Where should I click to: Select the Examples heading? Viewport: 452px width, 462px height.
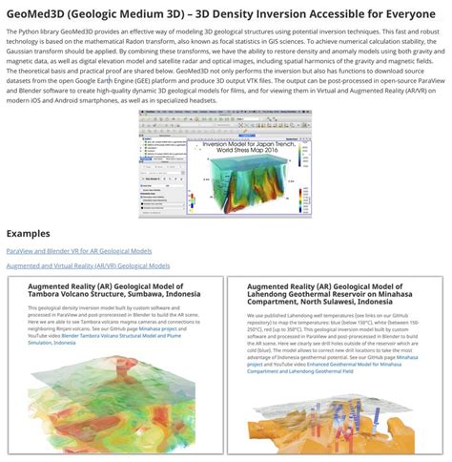click(29, 234)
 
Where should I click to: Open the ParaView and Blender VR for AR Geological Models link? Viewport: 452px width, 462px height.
click(79, 251)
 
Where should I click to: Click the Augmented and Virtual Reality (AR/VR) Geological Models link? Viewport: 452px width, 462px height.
click(89, 266)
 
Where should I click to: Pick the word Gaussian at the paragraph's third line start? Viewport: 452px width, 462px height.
click(24, 63)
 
